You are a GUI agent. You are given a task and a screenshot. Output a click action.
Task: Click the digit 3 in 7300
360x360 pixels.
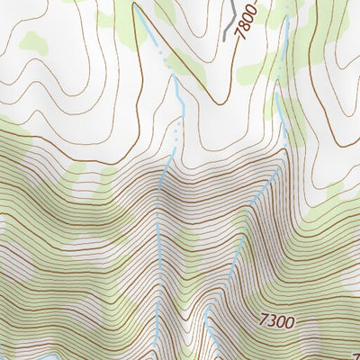pyautogui.click(x=273, y=319)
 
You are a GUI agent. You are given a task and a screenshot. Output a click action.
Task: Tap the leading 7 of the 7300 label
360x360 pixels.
pyautogui.click(x=264, y=319)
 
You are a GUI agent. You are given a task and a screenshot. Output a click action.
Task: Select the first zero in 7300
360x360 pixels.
pyautogui.click(x=282, y=319)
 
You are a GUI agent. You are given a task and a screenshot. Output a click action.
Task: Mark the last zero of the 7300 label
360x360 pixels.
pyautogui.click(x=291, y=319)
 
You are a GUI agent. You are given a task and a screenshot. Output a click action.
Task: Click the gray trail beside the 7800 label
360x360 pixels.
pyautogui.click(x=231, y=18)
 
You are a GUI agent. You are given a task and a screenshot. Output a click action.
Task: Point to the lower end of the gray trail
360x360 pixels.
pyautogui.click(x=223, y=39)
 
